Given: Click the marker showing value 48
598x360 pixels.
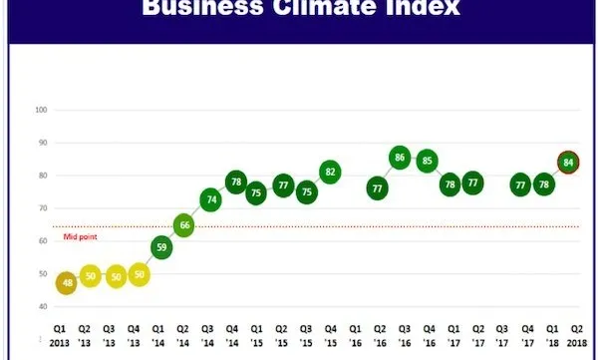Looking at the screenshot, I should click(67, 283).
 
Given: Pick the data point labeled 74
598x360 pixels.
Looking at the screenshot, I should click(210, 199).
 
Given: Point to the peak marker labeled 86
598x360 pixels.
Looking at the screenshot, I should click(401, 158).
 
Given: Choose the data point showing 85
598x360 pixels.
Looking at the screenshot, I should click(428, 161).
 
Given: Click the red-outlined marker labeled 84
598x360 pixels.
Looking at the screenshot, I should click(569, 162).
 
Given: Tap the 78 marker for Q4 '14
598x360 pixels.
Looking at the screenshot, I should click(235, 182).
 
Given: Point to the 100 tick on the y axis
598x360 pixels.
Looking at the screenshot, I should click(41, 110).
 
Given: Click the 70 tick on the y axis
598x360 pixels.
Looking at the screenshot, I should click(42, 208).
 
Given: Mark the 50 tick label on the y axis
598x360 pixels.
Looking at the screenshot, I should click(42, 274).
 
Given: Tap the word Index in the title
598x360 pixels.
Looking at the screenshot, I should click(418, 11).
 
